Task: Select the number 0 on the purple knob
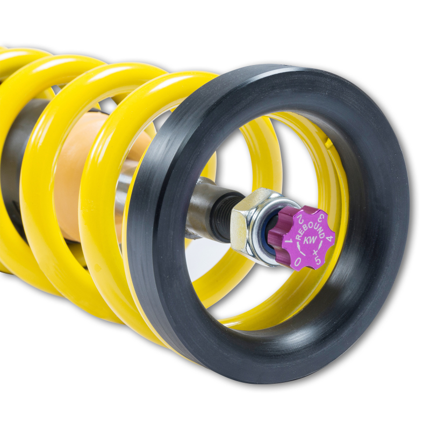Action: (x=296, y=260)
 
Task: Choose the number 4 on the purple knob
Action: (x=329, y=236)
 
